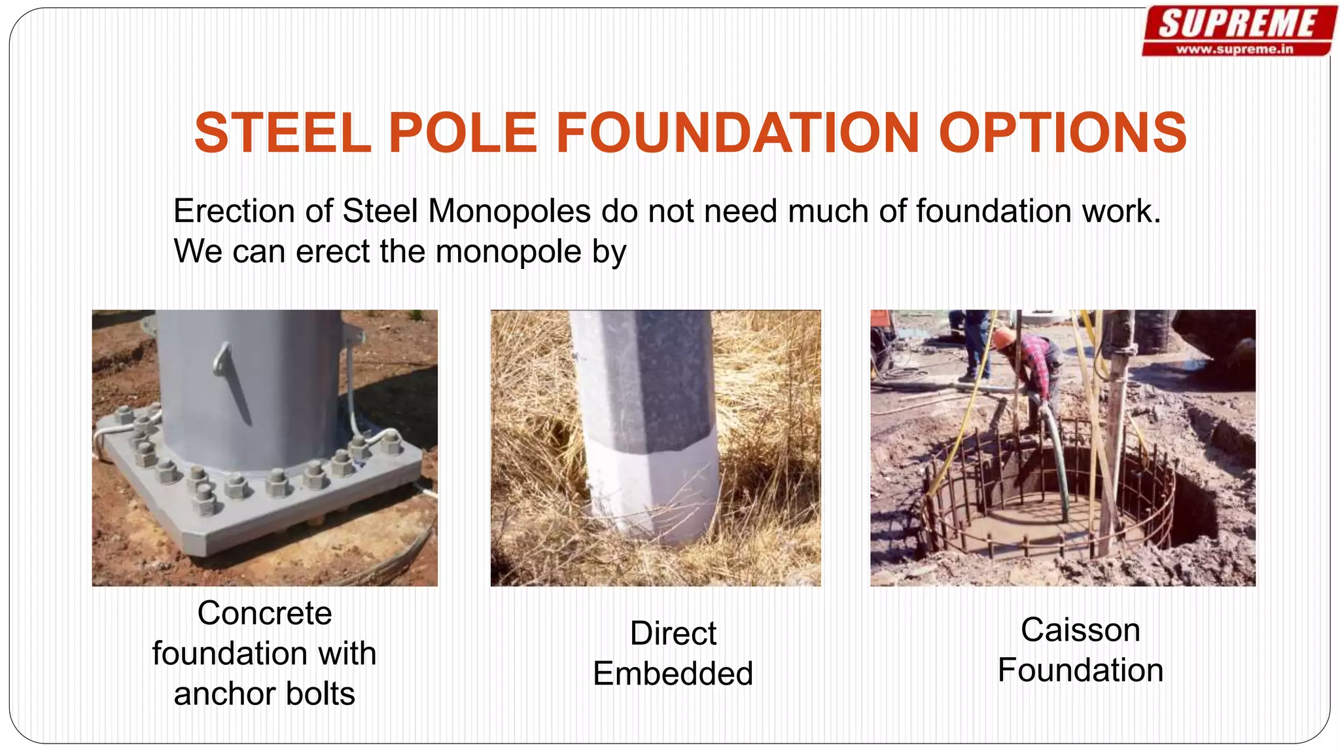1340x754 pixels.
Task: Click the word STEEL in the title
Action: click(x=283, y=133)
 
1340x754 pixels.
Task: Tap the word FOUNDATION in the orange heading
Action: click(x=738, y=133)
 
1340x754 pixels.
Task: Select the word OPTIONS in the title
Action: click(x=1062, y=133)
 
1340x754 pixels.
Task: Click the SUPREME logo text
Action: click(x=1237, y=24)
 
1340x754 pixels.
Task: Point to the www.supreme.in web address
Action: click(x=1235, y=49)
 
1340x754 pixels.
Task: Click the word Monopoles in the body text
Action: click(x=509, y=211)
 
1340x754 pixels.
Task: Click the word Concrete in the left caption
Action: click(x=264, y=613)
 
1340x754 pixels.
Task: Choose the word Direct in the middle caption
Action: click(x=673, y=634)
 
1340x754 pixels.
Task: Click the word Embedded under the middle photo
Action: click(x=673, y=673)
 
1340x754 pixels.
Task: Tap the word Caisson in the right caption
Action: click(x=1080, y=630)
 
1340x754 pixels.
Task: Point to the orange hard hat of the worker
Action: click(x=1002, y=338)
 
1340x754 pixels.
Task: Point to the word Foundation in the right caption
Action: click(x=1080, y=670)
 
